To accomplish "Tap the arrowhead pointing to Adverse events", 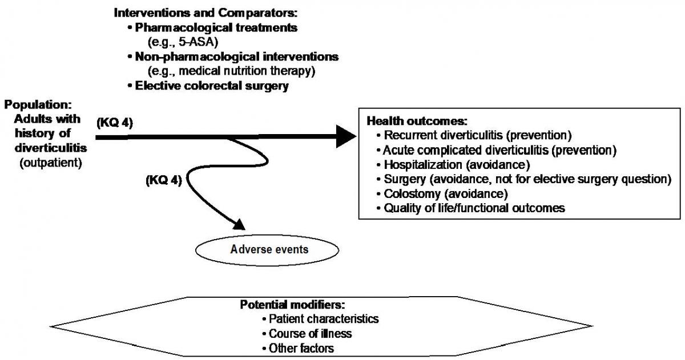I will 237,225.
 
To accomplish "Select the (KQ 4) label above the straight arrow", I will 115,123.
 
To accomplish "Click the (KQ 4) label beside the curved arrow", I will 164,181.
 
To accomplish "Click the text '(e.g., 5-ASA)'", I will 178,42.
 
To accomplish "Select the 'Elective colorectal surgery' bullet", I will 212,86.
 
